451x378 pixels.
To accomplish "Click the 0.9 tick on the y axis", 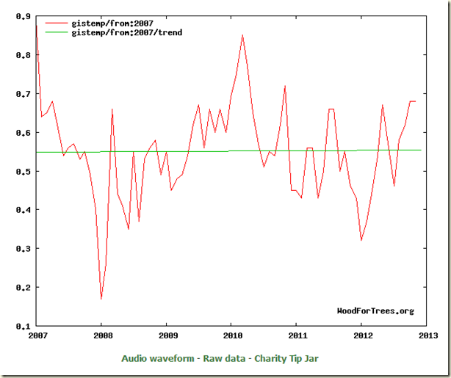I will coord(23,16).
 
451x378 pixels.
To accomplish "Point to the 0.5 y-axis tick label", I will coord(23,172).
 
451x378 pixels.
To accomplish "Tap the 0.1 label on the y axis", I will coord(23,326).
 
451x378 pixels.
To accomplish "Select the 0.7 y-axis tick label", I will coord(23,94).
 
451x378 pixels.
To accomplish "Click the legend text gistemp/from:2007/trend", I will coord(126,33).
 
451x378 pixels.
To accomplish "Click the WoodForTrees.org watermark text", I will coord(375,311).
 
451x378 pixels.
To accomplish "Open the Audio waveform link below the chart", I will coord(167,358).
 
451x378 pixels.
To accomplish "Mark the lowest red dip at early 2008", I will coord(101,298).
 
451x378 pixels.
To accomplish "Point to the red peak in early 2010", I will coord(242,35).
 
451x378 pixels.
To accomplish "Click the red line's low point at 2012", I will coord(361,240).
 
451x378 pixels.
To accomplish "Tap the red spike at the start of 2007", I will coord(37,25).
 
